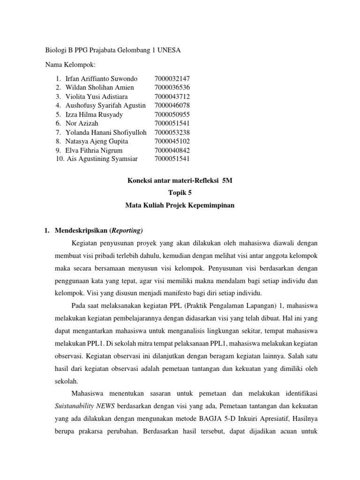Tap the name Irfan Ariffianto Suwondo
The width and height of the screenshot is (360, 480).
tap(101, 78)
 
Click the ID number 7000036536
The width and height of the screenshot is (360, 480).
tap(172, 87)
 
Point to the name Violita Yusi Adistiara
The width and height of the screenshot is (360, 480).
tap(97, 97)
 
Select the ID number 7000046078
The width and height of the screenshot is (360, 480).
tap(172, 105)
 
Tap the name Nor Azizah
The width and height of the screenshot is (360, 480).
tap(82, 123)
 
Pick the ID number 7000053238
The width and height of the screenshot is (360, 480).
tap(172, 132)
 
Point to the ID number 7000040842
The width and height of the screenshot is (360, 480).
tap(172, 150)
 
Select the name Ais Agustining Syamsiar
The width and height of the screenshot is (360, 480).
tap(102, 159)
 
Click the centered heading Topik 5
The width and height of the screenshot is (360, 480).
tap(180, 192)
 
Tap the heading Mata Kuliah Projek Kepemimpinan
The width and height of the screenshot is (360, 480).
tap(180, 205)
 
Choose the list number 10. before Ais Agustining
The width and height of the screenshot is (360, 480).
tap(60, 159)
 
